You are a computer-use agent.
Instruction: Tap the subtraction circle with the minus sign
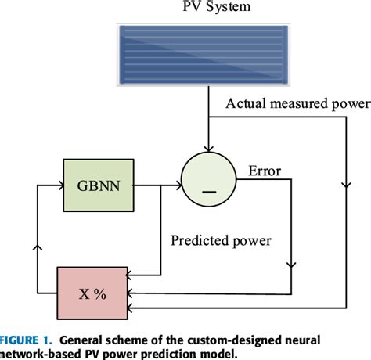207,185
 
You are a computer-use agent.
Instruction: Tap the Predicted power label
222,241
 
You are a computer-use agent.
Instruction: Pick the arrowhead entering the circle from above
207,148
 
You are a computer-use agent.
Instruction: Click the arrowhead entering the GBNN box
59,185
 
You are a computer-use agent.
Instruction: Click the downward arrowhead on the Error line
291,265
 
